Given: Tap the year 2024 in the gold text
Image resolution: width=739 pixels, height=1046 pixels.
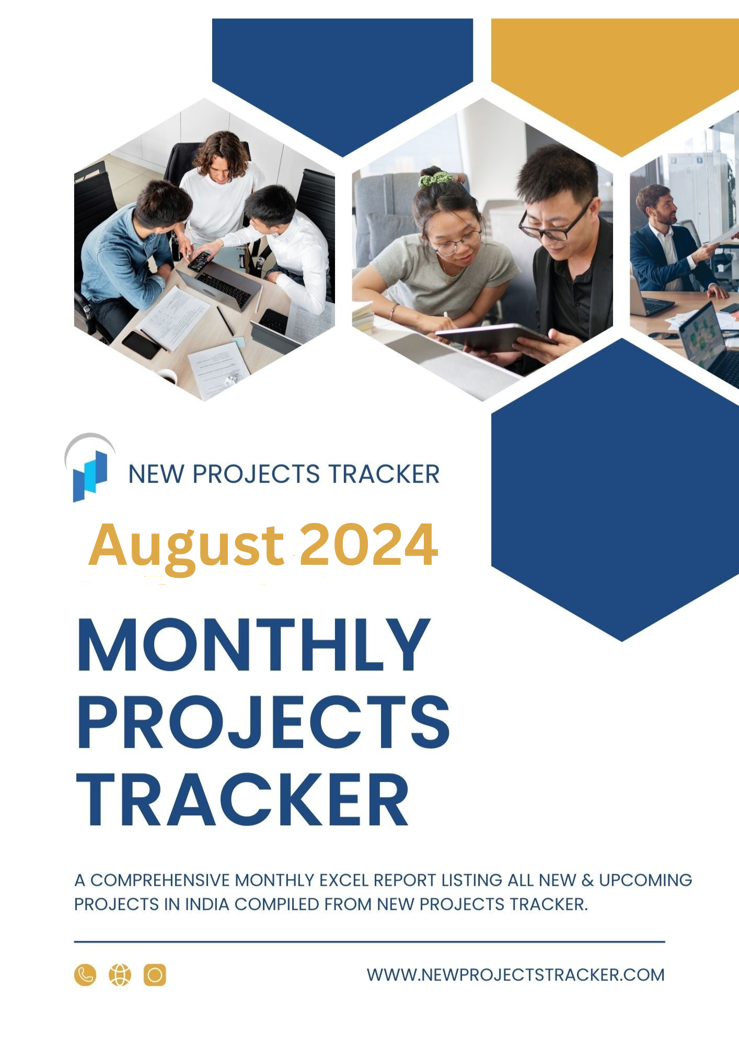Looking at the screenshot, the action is [368, 544].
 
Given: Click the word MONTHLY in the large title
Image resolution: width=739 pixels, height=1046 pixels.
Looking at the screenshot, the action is [254, 644].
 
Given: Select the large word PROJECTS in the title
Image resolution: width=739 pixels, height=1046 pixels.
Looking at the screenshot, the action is [263, 722].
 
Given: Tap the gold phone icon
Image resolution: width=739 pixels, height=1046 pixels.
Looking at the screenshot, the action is [85, 975].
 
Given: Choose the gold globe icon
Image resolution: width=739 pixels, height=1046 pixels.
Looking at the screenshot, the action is [120, 975].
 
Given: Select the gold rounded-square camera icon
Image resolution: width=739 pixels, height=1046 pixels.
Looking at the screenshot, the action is [155, 975].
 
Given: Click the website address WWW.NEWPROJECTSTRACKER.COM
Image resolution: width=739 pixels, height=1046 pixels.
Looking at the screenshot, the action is [515, 975].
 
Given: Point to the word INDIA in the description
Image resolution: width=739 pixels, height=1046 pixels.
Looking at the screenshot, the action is [207, 904].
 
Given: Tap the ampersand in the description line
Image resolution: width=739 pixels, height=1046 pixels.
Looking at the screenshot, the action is [587, 880].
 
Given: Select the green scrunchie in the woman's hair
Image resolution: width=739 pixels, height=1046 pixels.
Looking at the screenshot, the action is [435, 179].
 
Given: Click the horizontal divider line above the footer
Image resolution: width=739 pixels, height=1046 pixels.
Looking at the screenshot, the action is [369, 941].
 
